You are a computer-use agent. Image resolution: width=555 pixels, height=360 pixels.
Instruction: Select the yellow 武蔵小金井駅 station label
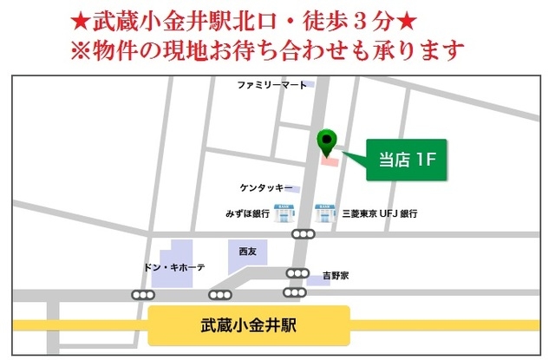249,326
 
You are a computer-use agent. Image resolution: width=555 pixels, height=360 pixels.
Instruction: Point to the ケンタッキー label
266,187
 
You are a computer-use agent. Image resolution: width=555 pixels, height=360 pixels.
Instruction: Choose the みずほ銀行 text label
247,213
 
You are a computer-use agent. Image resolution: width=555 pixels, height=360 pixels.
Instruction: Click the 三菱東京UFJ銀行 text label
380,213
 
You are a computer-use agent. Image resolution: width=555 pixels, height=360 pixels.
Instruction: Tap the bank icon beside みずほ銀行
282,212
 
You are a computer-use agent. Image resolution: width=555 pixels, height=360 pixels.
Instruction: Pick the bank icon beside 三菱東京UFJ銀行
323,212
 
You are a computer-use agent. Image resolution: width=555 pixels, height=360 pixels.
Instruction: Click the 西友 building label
248,251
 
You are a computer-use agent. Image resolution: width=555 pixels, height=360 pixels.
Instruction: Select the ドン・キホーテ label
174,267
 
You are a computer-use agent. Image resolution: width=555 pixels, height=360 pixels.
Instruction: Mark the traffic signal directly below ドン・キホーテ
140,295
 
